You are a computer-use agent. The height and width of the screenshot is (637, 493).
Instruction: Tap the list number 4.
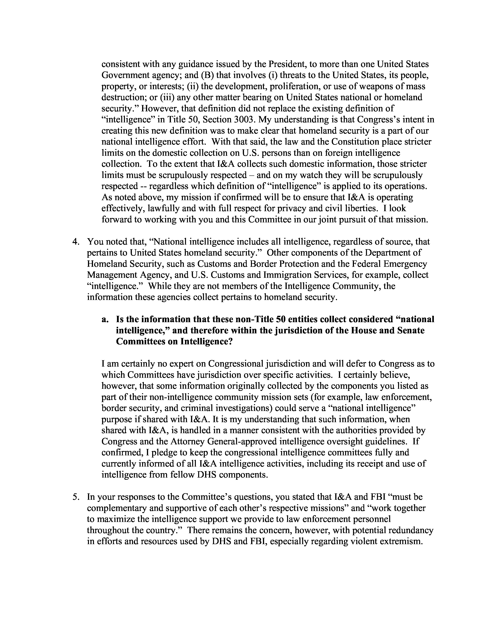pos(75,242)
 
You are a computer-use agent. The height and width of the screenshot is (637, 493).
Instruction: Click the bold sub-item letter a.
pos(105,319)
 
